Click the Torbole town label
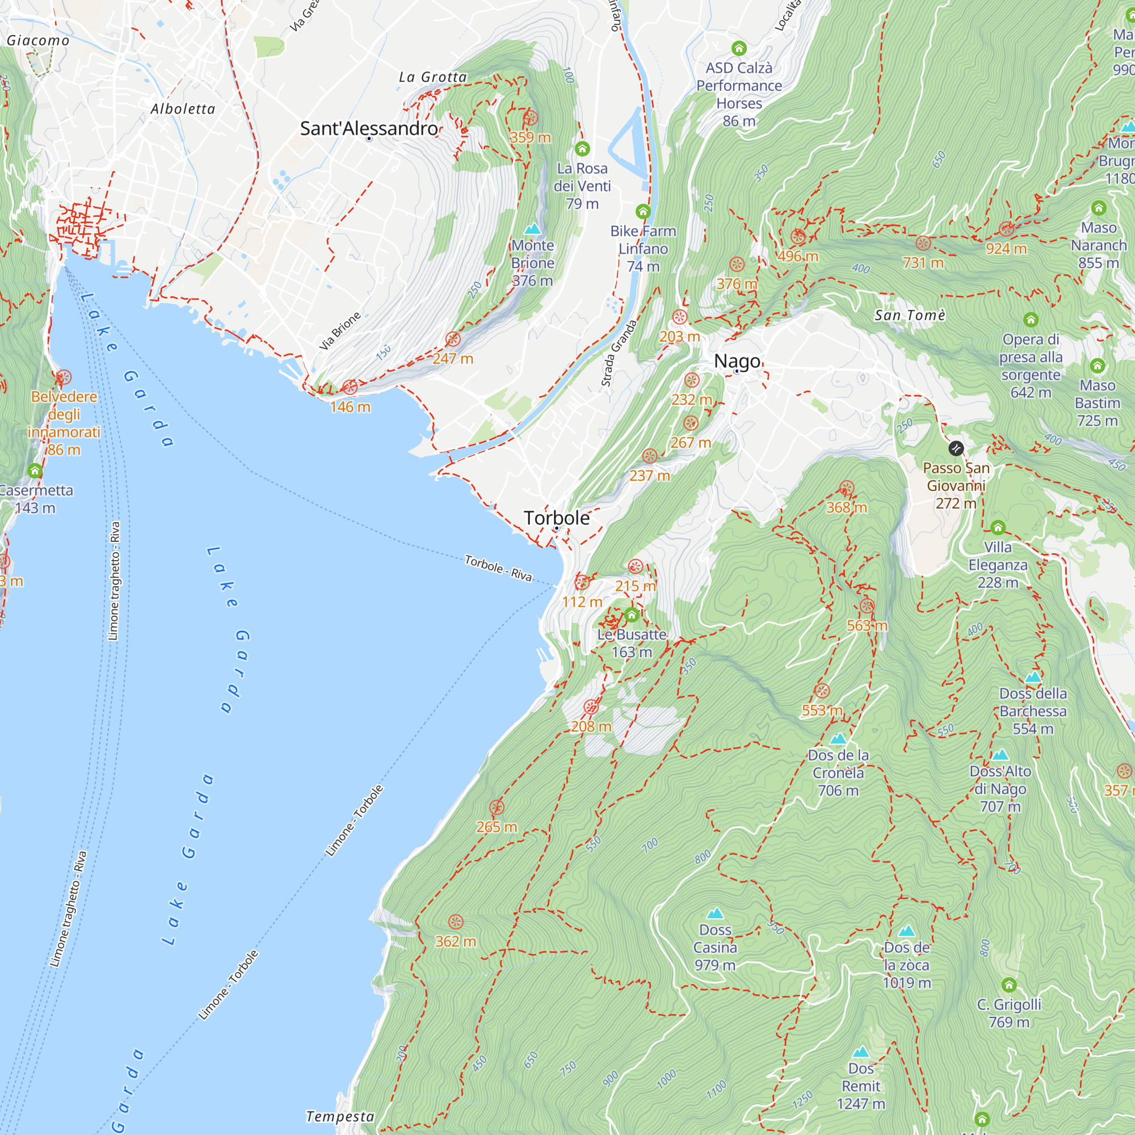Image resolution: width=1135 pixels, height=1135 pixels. click(x=556, y=518)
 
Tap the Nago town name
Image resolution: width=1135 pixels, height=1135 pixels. click(x=737, y=361)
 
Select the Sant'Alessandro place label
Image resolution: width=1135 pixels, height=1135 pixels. click(x=369, y=128)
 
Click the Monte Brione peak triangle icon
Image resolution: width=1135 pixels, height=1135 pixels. click(x=532, y=228)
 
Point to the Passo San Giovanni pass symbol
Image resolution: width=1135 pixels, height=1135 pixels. click(x=956, y=448)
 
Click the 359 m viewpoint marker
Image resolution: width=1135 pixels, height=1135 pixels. click(x=530, y=118)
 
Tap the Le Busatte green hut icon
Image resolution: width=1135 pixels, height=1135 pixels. click(x=632, y=615)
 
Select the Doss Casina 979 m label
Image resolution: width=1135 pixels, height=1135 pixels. click(x=714, y=947)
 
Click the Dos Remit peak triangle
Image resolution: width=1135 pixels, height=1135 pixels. click(x=861, y=1051)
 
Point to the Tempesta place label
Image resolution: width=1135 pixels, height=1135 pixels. click(x=340, y=1116)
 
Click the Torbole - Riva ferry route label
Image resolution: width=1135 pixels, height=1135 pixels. click(x=498, y=568)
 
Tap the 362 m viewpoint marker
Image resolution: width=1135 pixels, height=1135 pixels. click(x=455, y=922)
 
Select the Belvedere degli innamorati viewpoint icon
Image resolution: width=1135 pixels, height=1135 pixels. click(x=64, y=377)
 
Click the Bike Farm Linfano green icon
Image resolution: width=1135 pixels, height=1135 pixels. click(x=643, y=211)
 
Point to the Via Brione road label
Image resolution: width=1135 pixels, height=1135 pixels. click(x=339, y=331)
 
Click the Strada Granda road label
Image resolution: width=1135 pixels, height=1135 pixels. click(x=618, y=353)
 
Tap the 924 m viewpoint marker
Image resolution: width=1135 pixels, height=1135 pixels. click(x=1006, y=229)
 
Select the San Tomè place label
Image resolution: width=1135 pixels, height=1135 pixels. click(x=909, y=316)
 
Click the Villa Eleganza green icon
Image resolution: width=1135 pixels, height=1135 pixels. click(x=998, y=527)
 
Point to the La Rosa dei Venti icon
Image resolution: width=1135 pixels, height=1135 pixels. click(x=582, y=148)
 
